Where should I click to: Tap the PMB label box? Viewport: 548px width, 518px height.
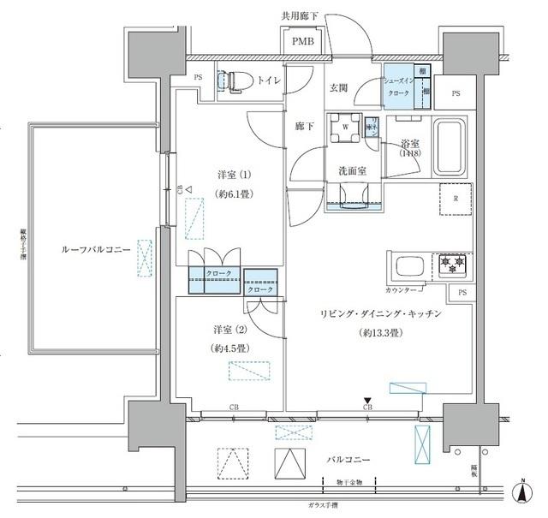coord(303,41)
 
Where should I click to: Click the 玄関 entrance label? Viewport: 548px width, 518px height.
coord(338,87)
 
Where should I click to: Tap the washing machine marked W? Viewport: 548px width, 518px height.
coord(345,128)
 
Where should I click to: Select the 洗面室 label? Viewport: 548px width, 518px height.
coord(351,170)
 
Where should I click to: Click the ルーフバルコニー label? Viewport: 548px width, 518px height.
coord(96,249)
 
